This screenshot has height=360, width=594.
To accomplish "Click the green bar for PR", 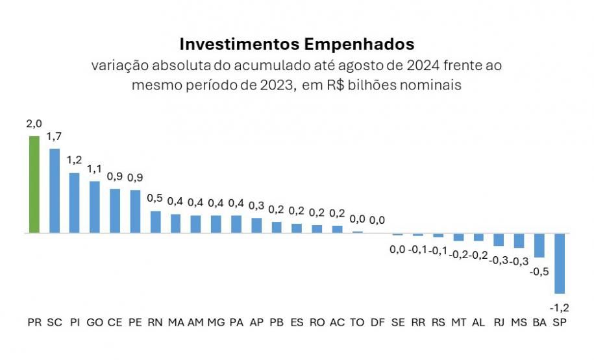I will pyautogui.click(x=34, y=184).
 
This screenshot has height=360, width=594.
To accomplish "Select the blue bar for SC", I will pyautogui.click(x=55, y=191).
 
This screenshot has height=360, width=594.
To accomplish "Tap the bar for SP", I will pyautogui.click(x=559, y=263).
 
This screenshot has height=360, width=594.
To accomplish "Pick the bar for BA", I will pyautogui.click(x=539, y=245).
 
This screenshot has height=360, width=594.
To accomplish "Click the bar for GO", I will pyautogui.click(x=95, y=207).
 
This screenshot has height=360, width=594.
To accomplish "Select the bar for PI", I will pyautogui.click(x=75, y=202).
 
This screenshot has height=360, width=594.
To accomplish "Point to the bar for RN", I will pyautogui.click(x=155, y=222).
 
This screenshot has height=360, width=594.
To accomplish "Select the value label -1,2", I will pyautogui.click(x=559, y=306).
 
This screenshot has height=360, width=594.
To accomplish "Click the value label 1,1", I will pyautogui.click(x=95, y=170).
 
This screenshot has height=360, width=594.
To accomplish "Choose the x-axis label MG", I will pyautogui.click(x=216, y=322).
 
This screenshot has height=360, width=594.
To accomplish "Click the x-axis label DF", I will pyautogui.click(x=377, y=322).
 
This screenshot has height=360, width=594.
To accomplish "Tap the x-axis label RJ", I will pyautogui.click(x=499, y=322).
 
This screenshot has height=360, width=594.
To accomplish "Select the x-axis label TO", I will pyautogui.click(x=357, y=322).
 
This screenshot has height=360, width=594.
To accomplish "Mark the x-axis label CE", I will pyautogui.click(x=115, y=322).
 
